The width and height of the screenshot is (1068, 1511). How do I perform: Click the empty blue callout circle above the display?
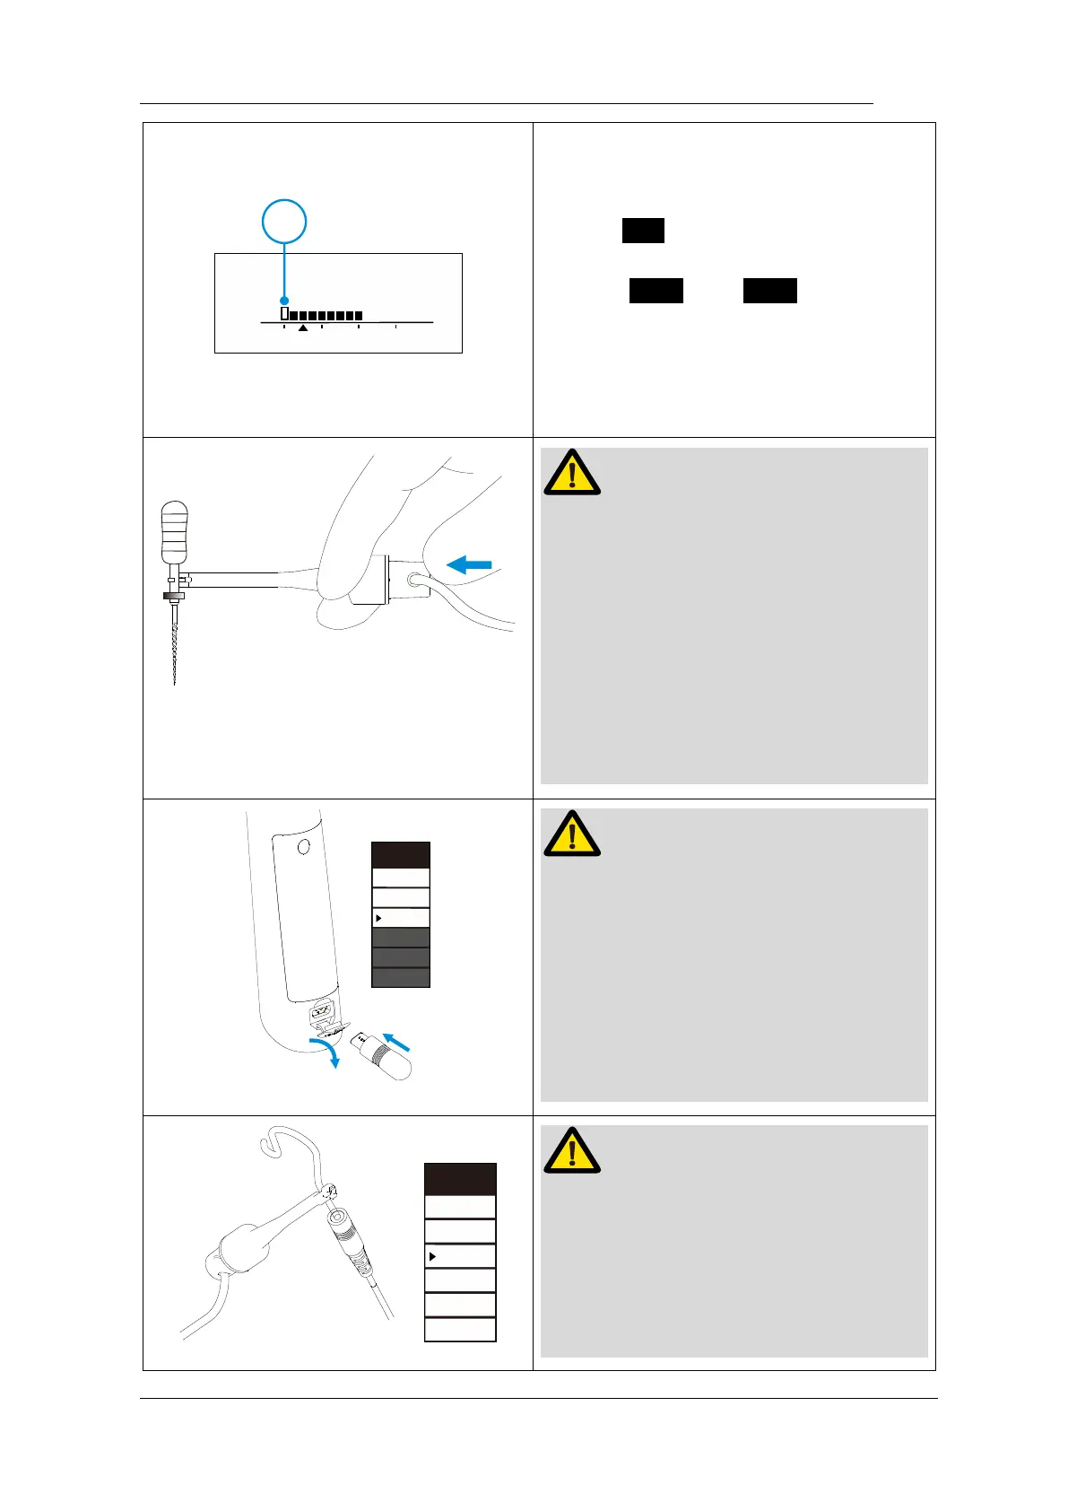coord(284,221)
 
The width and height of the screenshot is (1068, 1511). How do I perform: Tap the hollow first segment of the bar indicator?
coord(284,314)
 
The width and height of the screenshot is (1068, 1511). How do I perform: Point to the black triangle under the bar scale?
coord(303,329)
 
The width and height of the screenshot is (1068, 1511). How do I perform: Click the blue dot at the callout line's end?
coord(284,301)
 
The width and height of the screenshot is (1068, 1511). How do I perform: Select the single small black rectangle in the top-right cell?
coord(643,231)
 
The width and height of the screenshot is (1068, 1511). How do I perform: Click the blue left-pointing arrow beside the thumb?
coord(469,564)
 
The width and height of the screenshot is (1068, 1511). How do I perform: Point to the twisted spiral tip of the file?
coord(174,651)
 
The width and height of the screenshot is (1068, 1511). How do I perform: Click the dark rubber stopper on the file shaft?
coord(173,596)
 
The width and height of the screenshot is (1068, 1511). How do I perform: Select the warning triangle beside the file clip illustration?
coord(572,472)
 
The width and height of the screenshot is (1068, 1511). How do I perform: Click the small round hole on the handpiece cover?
coord(303,846)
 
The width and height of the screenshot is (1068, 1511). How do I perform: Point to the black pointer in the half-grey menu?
coord(379,918)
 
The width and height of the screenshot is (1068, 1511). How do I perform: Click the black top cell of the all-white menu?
coord(460,1179)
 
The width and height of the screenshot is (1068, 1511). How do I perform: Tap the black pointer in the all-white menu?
coord(432,1256)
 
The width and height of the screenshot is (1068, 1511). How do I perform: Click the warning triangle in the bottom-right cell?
coord(572,1150)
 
